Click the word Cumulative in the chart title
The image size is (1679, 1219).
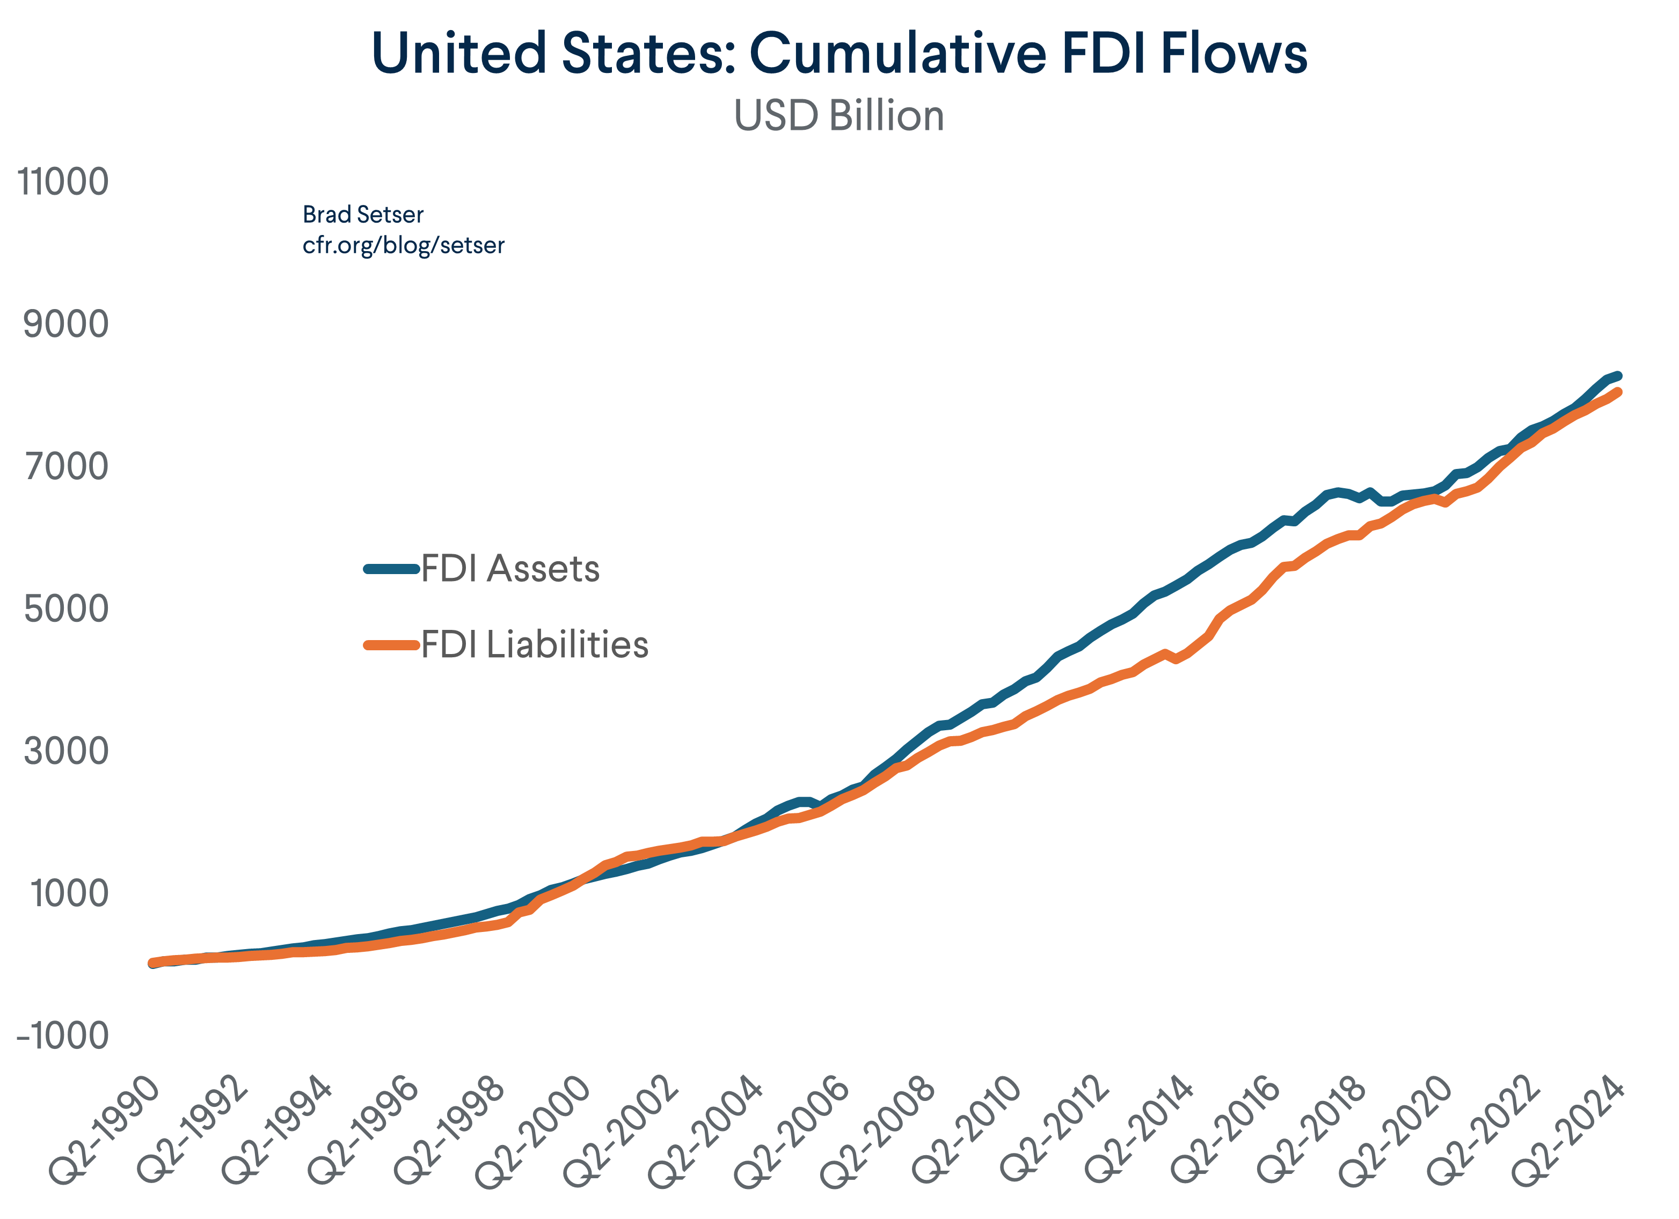tap(898, 53)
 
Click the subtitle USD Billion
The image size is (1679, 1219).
tap(839, 116)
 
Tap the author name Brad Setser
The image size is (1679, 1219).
tap(363, 215)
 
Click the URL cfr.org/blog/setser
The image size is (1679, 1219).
tap(404, 245)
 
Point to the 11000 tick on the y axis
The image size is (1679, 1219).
tap(63, 182)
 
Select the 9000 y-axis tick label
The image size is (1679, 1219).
tap(65, 324)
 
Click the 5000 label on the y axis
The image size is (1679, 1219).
tap(65, 609)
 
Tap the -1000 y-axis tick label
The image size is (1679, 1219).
tap(62, 1036)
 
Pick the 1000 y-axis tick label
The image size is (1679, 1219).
tap(68, 893)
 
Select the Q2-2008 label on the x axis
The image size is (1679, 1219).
tap(879, 1130)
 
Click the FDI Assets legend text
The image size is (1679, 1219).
tap(510, 568)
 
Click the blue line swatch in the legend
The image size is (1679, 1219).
tap(392, 568)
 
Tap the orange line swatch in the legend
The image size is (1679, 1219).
tap(392, 645)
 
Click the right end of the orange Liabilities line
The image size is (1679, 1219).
tap(1618, 392)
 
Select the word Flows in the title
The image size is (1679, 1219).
tap(1233, 53)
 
